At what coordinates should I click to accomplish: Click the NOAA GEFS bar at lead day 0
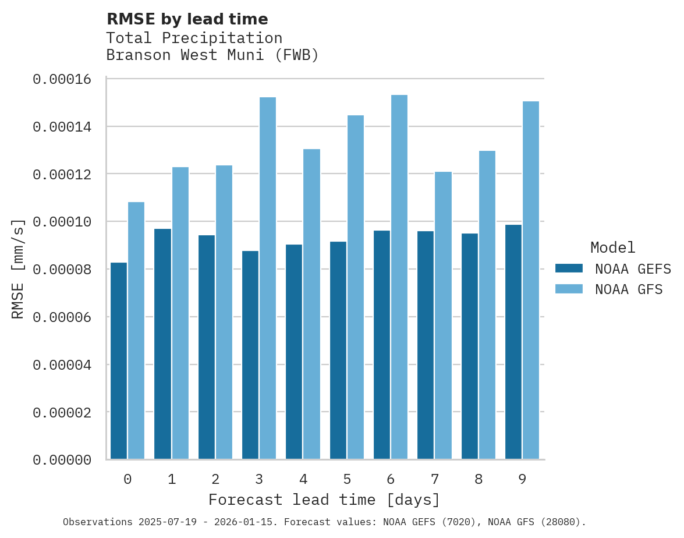pos(119,361)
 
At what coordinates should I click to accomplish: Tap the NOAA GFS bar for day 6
pos(399,277)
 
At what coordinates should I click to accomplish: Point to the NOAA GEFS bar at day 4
pos(294,352)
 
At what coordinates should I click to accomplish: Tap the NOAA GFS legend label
pos(629,289)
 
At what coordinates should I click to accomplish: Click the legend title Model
pos(612,247)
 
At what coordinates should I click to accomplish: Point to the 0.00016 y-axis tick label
pos(62,79)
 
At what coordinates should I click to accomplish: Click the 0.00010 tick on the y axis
pos(62,222)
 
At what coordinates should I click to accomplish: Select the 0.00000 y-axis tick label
pos(62,460)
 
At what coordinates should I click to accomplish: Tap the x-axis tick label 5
pos(347,479)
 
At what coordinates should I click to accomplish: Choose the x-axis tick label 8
pos(479,479)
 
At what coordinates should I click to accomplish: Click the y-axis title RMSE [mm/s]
pos(18,269)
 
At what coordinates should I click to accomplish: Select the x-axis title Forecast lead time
pos(324,500)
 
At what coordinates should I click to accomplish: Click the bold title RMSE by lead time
pos(187,19)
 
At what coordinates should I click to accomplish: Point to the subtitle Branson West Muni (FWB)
pos(212,55)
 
